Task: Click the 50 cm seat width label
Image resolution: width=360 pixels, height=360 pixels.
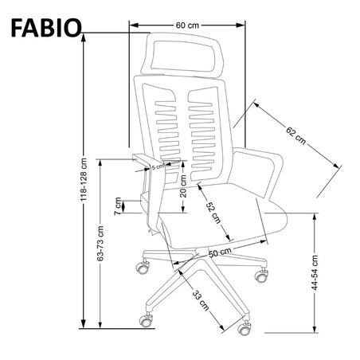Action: click(219, 252)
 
